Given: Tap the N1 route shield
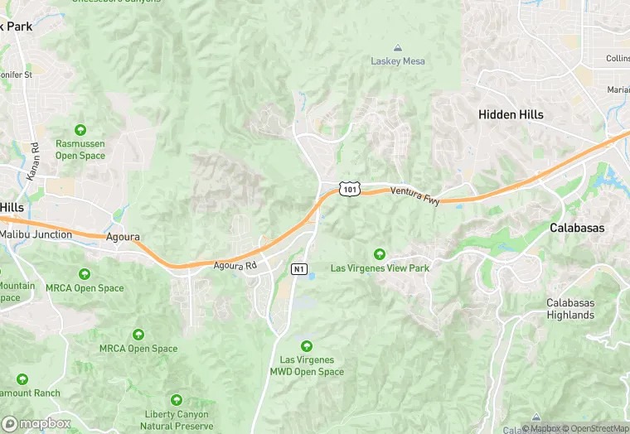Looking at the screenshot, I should point(299,269).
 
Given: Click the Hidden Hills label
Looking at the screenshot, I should point(511,115).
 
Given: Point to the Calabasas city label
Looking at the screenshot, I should point(577,228).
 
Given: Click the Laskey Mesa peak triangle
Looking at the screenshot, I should point(397,48).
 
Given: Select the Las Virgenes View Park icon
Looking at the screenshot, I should point(380,253).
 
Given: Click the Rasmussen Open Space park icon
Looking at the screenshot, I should point(80,130).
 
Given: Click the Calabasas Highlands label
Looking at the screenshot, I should point(570,309).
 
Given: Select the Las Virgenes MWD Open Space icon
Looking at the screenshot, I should point(307,345).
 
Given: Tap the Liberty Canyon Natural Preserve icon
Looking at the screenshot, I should point(175,401).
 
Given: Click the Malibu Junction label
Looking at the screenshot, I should point(36,235).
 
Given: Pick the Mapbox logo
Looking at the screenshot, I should point(36,423).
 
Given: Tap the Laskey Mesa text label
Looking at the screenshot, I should point(397,62).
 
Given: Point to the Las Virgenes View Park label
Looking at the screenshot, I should point(380,268).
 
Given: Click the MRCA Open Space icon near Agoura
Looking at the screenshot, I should point(84,274).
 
